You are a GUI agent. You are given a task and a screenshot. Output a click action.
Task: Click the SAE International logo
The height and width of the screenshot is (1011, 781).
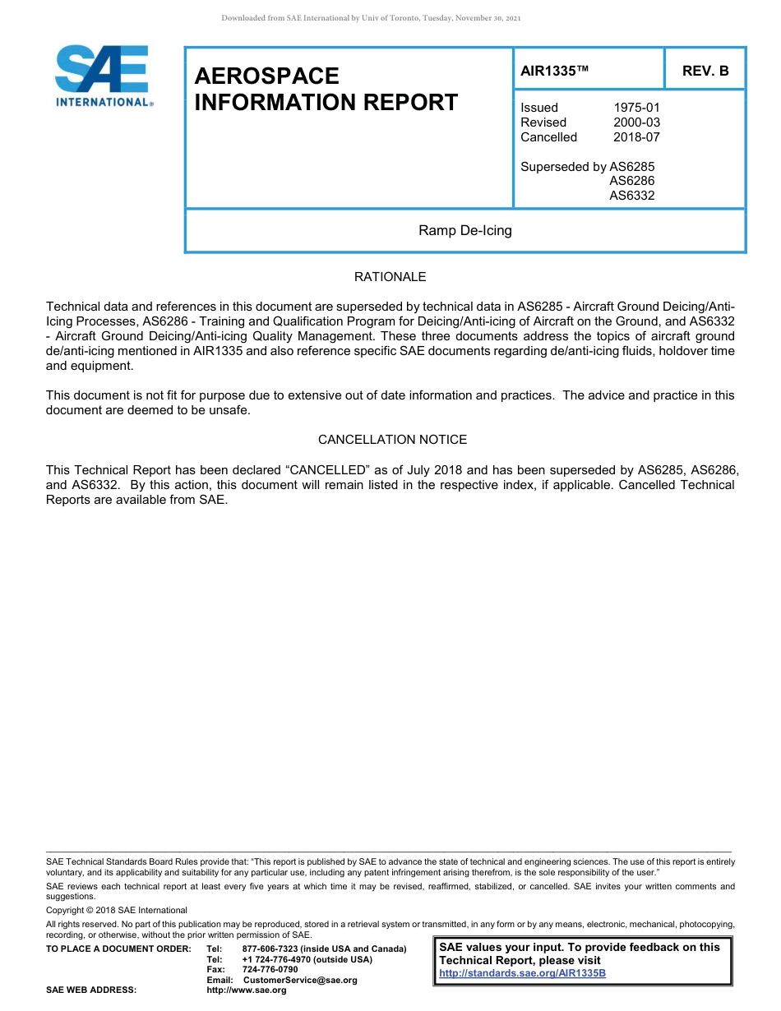(x=102, y=76)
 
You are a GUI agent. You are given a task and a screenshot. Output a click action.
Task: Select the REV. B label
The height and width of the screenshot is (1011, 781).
(x=705, y=71)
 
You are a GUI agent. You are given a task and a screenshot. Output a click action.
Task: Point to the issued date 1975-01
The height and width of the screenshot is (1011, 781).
(x=636, y=108)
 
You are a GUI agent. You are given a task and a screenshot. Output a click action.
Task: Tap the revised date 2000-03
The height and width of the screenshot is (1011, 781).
(x=636, y=122)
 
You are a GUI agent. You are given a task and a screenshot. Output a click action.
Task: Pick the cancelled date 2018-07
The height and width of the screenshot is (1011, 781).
(x=636, y=137)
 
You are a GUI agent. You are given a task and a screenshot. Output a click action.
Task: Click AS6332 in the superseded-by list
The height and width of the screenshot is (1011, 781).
(x=631, y=196)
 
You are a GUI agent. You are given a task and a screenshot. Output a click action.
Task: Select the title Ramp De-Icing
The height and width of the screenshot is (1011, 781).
(x=464, y=230)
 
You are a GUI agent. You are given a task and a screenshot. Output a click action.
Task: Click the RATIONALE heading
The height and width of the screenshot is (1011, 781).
(x=390, y=277)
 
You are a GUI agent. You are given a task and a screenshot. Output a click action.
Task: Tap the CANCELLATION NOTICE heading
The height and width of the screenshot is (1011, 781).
(x=392, y=440)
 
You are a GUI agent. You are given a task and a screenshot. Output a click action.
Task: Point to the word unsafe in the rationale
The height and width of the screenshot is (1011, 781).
(x=229, y=410)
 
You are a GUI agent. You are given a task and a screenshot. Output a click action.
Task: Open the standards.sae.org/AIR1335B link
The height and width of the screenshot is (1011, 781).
(x=522, y=973)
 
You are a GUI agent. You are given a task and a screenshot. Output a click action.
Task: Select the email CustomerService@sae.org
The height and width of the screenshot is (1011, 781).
(x=300, y=980)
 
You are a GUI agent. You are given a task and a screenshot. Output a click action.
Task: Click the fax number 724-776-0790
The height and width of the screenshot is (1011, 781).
(x=270, y=970)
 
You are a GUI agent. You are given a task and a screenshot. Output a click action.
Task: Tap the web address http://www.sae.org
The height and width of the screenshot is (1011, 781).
(x=247, y=990)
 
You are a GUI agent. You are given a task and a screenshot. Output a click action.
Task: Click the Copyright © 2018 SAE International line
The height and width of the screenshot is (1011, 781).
(x=117, y=910)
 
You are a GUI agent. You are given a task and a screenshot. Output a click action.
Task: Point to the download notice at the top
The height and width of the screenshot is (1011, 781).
(x=371, y=18)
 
